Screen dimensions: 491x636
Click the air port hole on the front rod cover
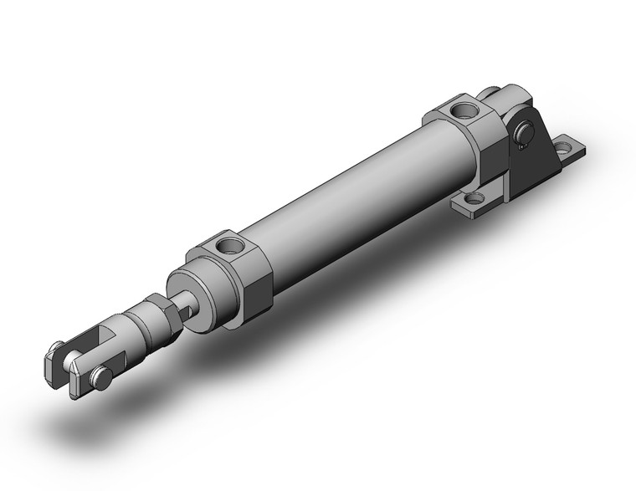click(227, 246)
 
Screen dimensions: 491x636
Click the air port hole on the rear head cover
click(461, 109)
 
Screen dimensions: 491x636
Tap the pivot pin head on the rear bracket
click(524, 132)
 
